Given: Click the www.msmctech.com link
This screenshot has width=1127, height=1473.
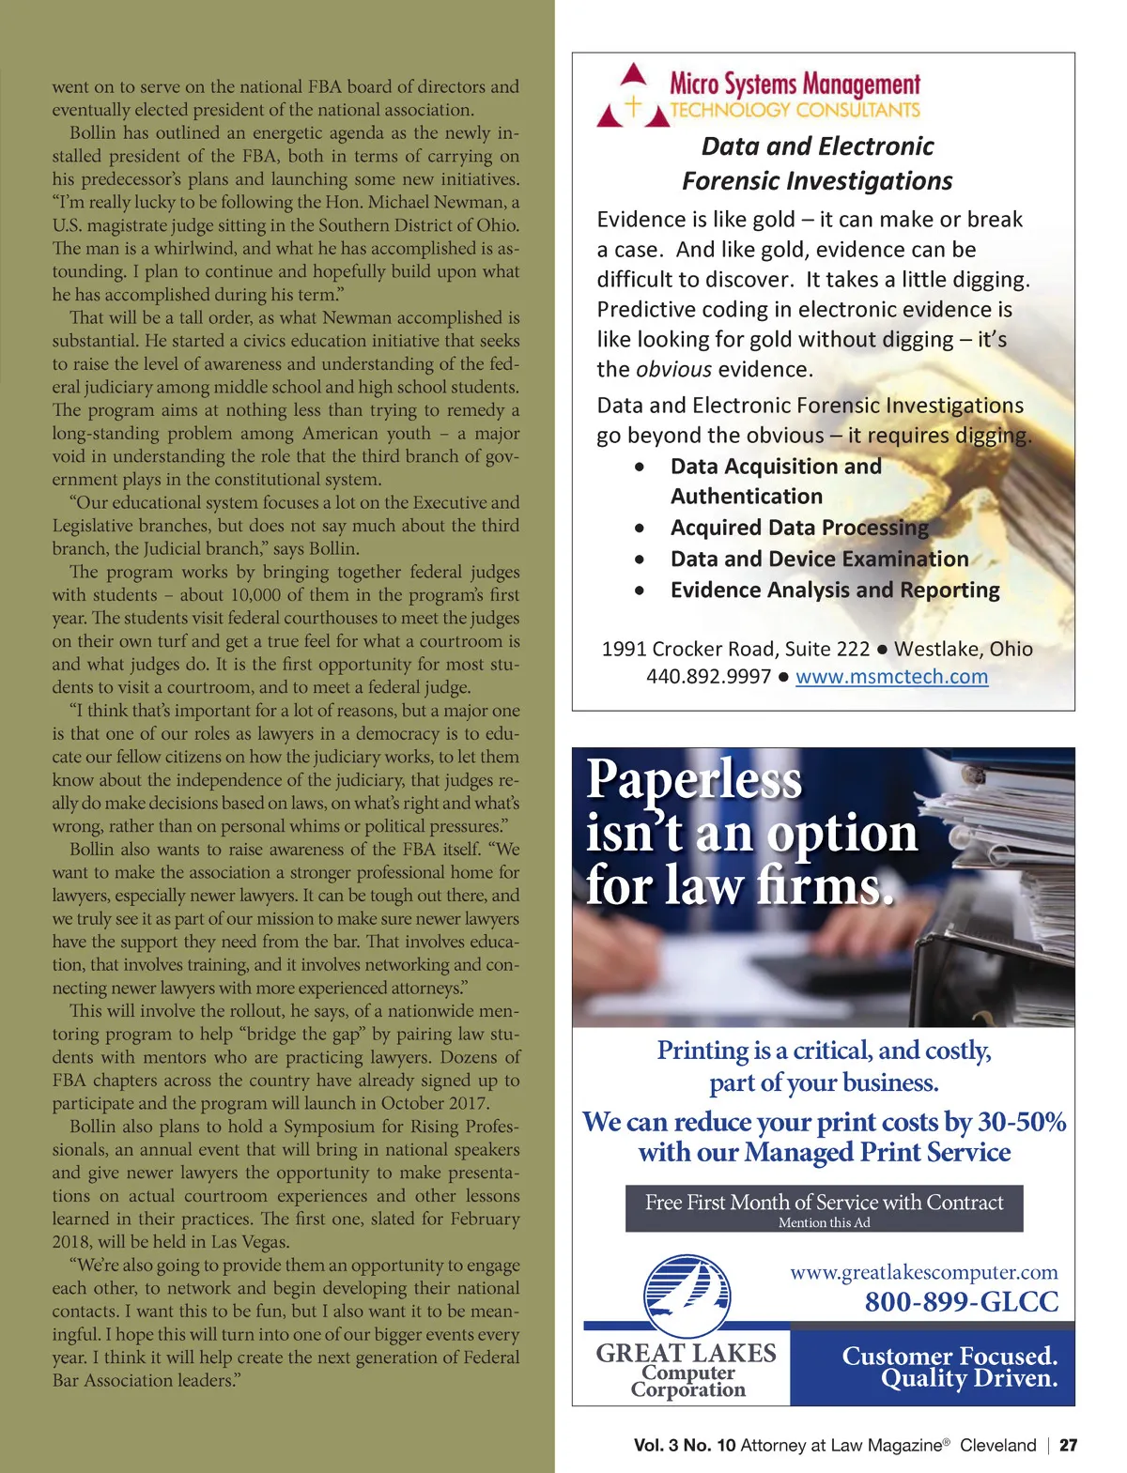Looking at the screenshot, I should [x=891, y=677].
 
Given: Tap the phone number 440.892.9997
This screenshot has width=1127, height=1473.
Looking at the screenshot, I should [x=708, y=677].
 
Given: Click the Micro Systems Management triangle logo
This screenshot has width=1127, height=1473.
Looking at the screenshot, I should [x=633, y=97].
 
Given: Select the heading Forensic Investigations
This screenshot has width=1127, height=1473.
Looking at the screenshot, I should [x=817, y=180].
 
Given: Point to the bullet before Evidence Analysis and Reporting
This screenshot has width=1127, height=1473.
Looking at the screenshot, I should [x=640, y=591].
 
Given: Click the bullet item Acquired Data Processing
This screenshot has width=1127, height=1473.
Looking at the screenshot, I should [x=799, y=528].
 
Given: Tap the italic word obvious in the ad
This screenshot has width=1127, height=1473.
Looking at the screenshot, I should [x=673, y=370].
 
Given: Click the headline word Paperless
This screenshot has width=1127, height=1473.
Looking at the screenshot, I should [x=694, y=779].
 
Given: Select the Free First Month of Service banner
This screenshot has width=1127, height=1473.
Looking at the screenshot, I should [x=824, y=1208].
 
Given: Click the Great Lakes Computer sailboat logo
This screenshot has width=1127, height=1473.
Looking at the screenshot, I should [x=687, y=1297].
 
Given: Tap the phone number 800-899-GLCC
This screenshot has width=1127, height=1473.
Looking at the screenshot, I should [x=961, y=1302].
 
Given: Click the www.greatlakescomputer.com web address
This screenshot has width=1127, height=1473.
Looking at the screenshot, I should [x=923, y=1272].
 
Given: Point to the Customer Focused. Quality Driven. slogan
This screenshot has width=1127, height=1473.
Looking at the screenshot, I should [x=949, y=1367].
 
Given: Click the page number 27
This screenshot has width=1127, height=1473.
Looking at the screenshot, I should [x=1069, y=1446].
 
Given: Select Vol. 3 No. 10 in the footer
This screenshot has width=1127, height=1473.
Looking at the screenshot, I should [x=684, y=1446].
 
